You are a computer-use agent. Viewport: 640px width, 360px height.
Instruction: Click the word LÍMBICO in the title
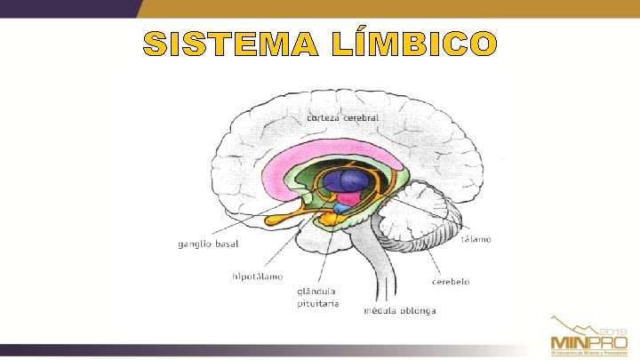[x=420, y=44]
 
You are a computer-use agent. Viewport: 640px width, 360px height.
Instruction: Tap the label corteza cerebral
[x=343, y=116]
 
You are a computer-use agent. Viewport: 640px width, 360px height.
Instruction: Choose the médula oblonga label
[x=400, y=311]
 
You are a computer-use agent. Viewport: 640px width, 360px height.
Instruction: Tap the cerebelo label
[x=452, y=281]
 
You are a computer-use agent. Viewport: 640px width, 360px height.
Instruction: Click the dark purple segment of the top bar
[x=71, y=8]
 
